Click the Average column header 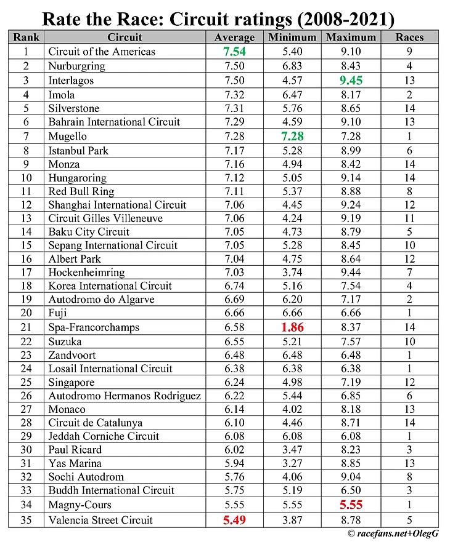(x=234, y=38)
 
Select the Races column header (x=410, y=38)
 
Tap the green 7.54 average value (x=234, y=52)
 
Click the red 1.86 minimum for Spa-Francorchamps (x=292, y=327)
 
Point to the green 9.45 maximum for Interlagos (x=351, y=80)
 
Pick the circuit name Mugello (x=68, y=136)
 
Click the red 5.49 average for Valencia (x=234, y=520)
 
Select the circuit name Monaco (x=67, y=409)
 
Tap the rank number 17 (x=26, y=272)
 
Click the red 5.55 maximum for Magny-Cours (x=351, y=505)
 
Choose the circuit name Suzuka (x=65, y=341)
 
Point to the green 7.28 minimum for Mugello (x=292, y=136)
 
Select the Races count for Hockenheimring (x=410, y=272)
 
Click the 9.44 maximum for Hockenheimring (x=351, y=272)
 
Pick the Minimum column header (x=292, y=38)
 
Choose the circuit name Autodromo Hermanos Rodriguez (x=125, y=396)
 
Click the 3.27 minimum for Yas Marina (x=292, y=463)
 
